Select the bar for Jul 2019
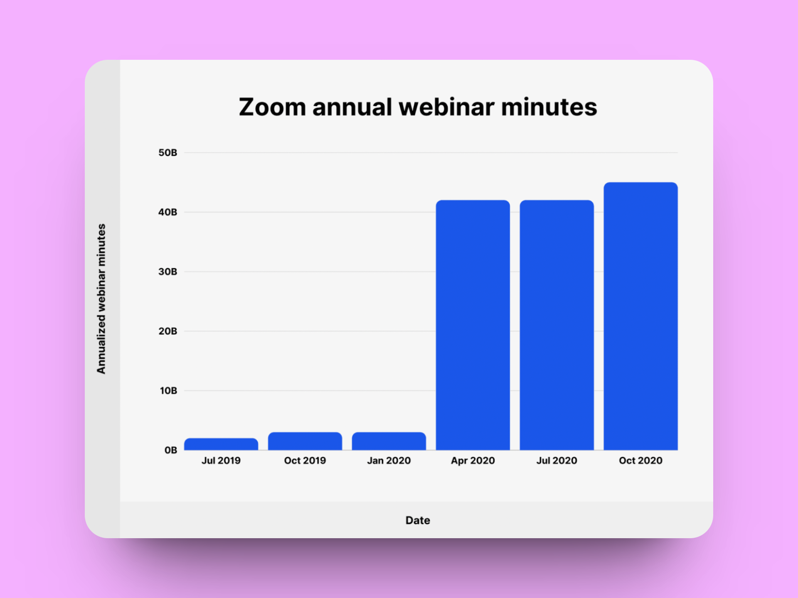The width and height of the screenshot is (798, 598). click(x=221, y=444)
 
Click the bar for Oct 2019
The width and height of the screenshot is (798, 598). click(x=305, y=441)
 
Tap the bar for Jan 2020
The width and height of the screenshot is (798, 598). click(x=389, y=441)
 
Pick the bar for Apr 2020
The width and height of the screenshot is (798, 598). click(x=473, y=325)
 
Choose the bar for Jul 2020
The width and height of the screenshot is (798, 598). click(x=557, y=325)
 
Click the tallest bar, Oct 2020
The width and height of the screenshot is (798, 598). click(x=641, y=316)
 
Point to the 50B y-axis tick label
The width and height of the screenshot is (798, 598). click(x=168, y=153)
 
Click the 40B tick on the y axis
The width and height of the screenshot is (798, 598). click(x=168, y=212)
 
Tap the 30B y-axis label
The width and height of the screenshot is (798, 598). click(x=168, y=272)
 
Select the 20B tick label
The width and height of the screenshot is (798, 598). click(x=168, y=331)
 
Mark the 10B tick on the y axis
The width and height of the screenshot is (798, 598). click(x=168, y=391)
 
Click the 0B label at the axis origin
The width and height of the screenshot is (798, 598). click(x=171, y=450)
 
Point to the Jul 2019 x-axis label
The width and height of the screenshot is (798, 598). click(x=221, y=461)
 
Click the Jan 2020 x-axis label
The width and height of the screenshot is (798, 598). click(x=389, y=461)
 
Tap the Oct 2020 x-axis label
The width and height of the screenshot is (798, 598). click(x=641, y=461)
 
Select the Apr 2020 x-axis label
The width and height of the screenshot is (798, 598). click(x=473, y=461)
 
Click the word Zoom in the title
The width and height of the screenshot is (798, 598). click(x=273, y=107)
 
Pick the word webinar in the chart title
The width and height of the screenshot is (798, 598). click(x=447, y=107)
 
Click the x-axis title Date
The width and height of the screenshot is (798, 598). click(x=418, y=520)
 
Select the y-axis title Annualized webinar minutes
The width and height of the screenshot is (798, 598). click(x=101, y=299)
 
